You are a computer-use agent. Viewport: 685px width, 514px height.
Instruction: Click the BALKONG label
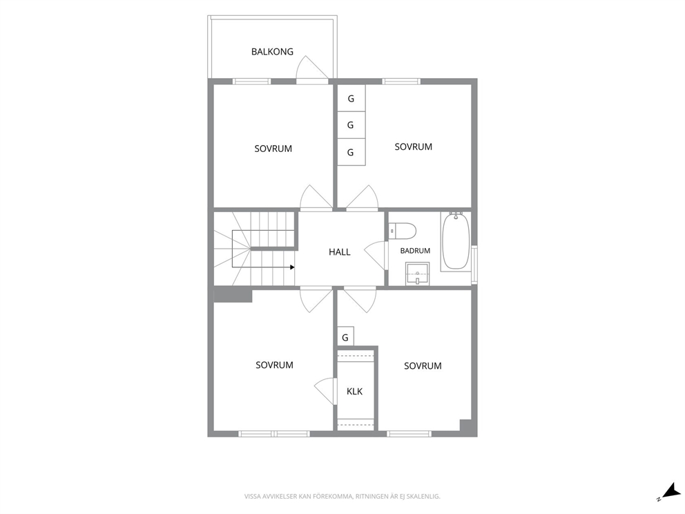point(272,52)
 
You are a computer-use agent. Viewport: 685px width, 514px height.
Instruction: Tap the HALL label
point(340,251)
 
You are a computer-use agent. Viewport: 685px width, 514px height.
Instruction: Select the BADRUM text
point(415,251)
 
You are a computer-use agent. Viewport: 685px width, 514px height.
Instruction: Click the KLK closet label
point(354,391)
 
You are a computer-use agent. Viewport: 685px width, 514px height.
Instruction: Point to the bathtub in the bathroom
point(456,241)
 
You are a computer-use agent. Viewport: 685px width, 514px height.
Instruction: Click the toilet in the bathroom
point(402,231)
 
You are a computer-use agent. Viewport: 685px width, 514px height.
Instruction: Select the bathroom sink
point(417,274)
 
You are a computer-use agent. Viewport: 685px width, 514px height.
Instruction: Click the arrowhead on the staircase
point(292,267)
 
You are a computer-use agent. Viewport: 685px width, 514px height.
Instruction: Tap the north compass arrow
point(670,491)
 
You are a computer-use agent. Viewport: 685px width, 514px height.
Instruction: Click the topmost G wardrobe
point(351,99)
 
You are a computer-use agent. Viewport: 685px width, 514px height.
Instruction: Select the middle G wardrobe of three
point(351,126)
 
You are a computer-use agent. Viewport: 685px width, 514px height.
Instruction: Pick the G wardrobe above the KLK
point(345,337)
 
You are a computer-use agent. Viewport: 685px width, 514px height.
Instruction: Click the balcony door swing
point(312,69)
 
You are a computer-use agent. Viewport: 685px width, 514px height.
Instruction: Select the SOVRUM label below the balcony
point(273,149)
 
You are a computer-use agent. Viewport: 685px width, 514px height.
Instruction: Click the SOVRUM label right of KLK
point(423,366)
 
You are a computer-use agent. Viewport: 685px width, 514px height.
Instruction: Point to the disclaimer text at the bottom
point(342,496)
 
